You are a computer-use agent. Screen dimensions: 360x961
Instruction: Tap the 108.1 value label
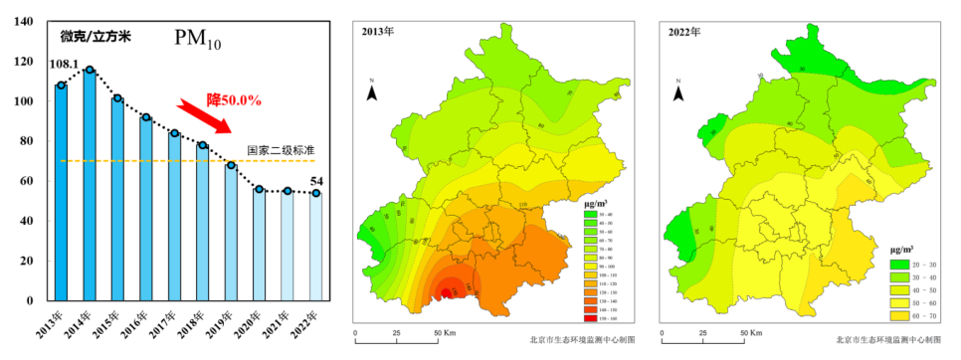[64, 66]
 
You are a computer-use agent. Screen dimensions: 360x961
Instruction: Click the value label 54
[317, 181]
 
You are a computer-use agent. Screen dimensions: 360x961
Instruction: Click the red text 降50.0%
[234, 99]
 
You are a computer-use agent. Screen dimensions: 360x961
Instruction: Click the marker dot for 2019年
[231, 165]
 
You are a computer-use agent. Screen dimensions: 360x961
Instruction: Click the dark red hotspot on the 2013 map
[445, 291]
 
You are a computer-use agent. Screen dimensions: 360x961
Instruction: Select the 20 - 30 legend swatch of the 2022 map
[899, 265]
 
